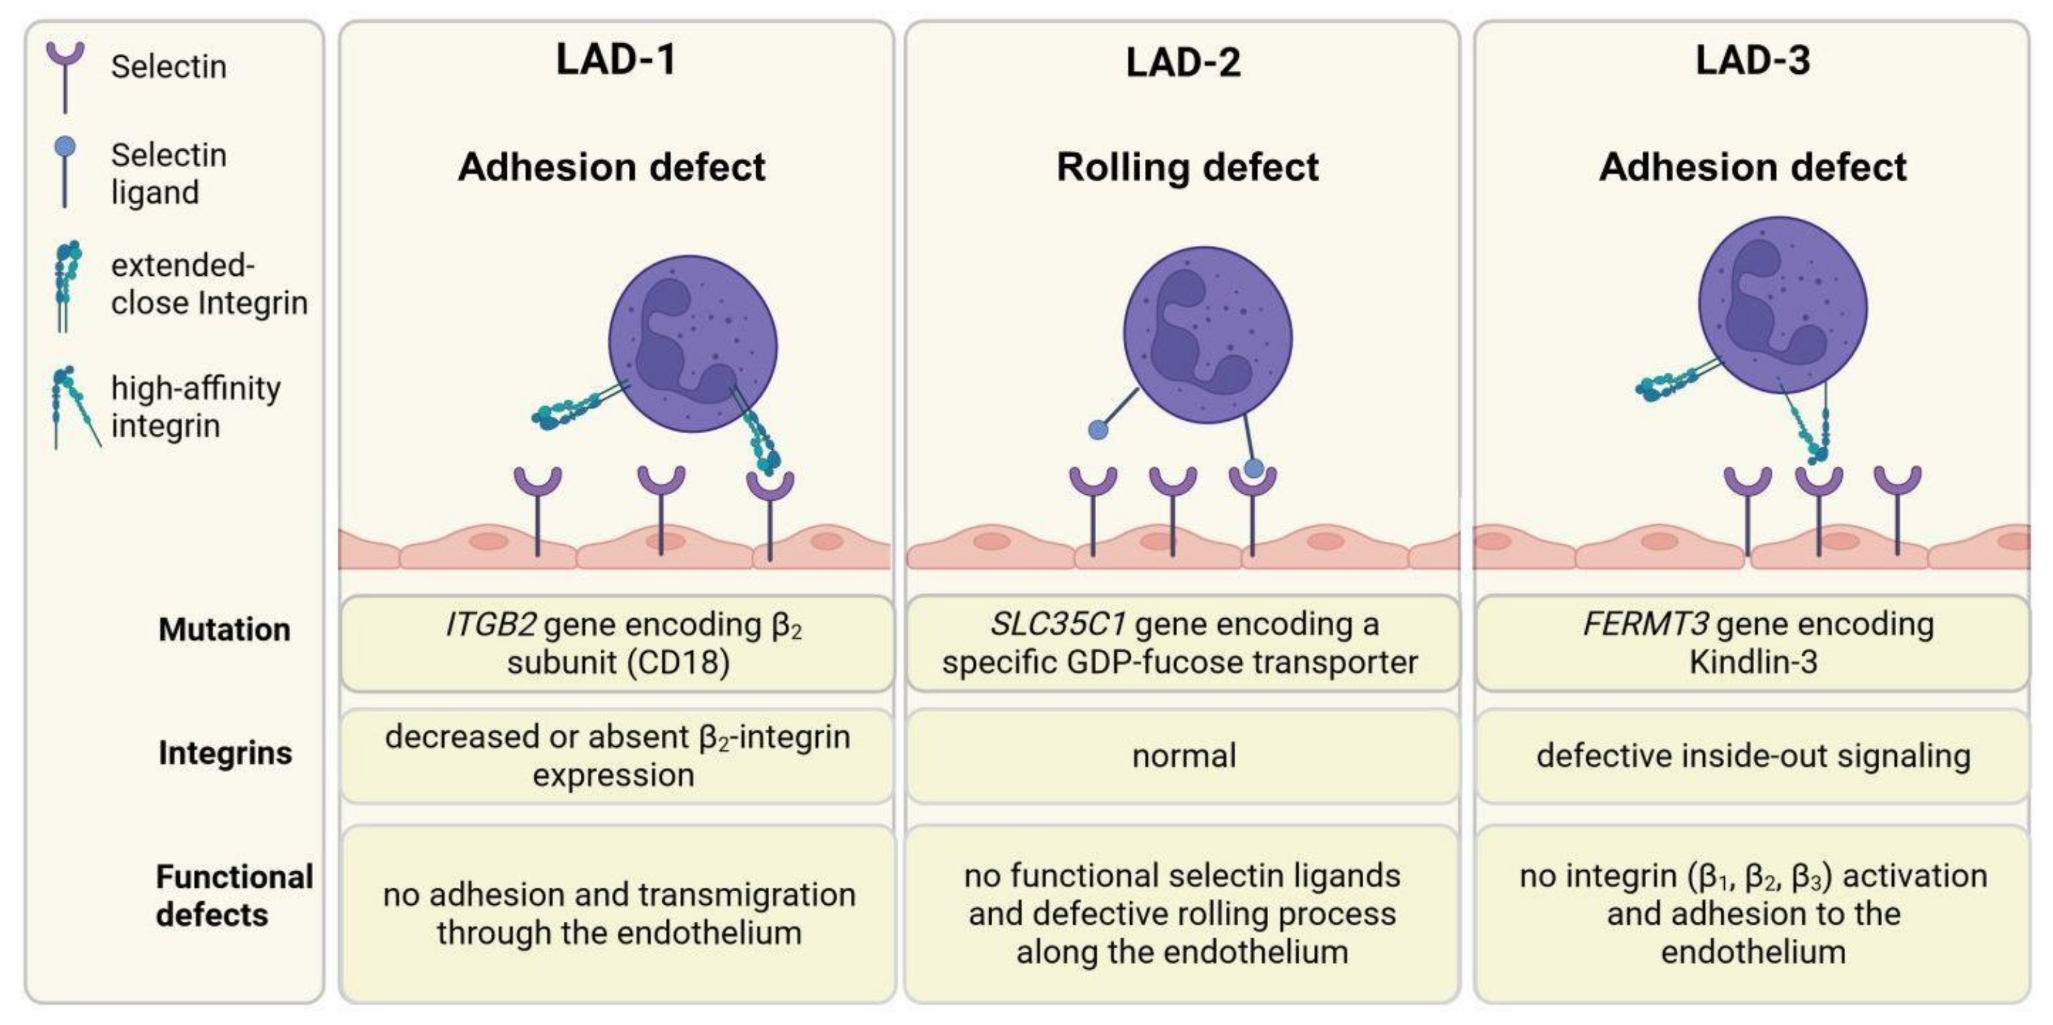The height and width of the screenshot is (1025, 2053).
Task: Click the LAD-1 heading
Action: click(x=615, y=60)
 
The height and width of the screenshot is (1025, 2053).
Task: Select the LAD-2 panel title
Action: click(x=1183, y=62)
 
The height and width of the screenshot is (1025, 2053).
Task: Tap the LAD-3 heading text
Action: click(x=1752, y=60)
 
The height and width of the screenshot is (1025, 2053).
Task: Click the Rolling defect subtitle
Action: click(x=1187, y=167)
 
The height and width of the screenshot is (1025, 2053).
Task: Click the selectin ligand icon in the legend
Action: click(x=65, y=171)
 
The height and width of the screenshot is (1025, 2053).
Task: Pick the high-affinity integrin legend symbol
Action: click(x=72, y=406)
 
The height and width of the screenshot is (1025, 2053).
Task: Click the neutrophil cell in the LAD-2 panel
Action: click(x=1208, y=335)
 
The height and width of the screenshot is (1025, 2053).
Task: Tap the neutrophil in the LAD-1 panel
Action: click(x=693, y=343)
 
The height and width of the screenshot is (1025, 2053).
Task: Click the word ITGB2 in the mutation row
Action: click(x=490, y=625)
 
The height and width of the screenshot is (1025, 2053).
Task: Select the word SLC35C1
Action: click(x=1058, y=624)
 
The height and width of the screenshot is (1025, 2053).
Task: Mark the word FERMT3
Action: click(x=1644, y=624)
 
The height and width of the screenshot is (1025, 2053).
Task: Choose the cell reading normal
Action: click(x=1183, y=755)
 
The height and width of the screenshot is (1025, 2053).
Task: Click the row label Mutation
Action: click(x=224, y=630)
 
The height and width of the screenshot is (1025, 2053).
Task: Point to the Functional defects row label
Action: click(x=233, y=896)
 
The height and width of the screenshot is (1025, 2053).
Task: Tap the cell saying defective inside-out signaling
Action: click(x=1752, y=755)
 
